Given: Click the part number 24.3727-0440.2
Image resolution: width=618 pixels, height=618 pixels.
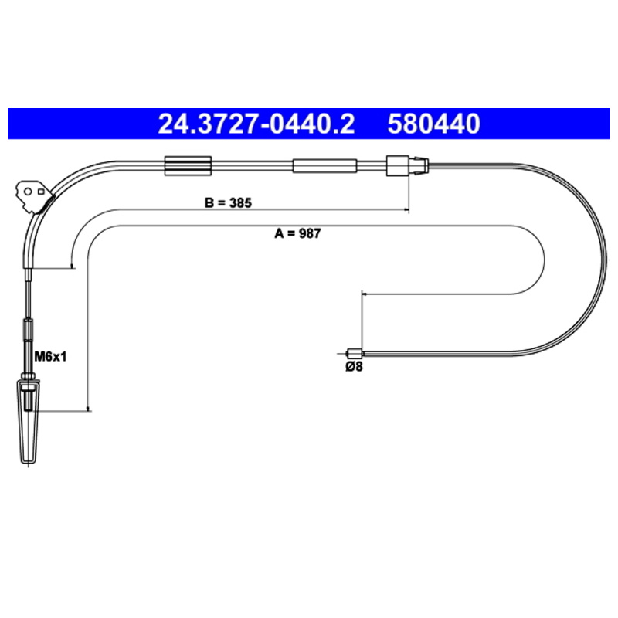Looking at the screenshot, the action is pyautogui.click(x=256, y=124).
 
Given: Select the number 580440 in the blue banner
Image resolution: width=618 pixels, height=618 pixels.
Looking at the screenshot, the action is pyautogui.click(x=433, y=124).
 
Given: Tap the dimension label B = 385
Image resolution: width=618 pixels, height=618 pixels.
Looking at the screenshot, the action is pyautogui.click(x=228, y=202).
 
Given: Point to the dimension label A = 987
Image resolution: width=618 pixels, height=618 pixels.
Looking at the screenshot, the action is pyautogui.click(x=297, y=233).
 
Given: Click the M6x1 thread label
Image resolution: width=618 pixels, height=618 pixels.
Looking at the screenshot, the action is pyautogui.click(x=50, y=357).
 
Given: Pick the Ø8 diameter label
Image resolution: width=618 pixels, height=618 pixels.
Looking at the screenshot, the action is pyautogui.click(x=354, y=366).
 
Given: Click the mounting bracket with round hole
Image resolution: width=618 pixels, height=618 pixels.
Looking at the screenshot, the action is pyautogui.click(x=33, y=196).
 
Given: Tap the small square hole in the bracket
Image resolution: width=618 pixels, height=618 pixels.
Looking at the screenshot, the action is pyautogui.click(x=41, y=192).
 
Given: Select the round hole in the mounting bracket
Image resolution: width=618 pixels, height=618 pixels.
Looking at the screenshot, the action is pyautogui.click(x=28, y=192).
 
